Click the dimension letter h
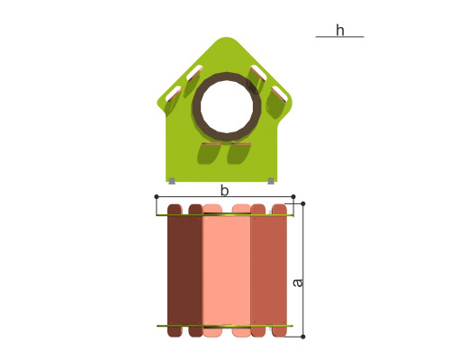pos(340,31)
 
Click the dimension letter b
pos(224,191)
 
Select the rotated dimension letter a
pos(298,283)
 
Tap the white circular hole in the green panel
pos(227,106)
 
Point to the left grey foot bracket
pos(172,181)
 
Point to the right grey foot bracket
pos(271,181)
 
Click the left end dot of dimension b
pos(157,196)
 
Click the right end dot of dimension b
pos(293,196)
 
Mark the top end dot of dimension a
pos(303,203)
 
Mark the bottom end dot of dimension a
pos(303,337)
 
